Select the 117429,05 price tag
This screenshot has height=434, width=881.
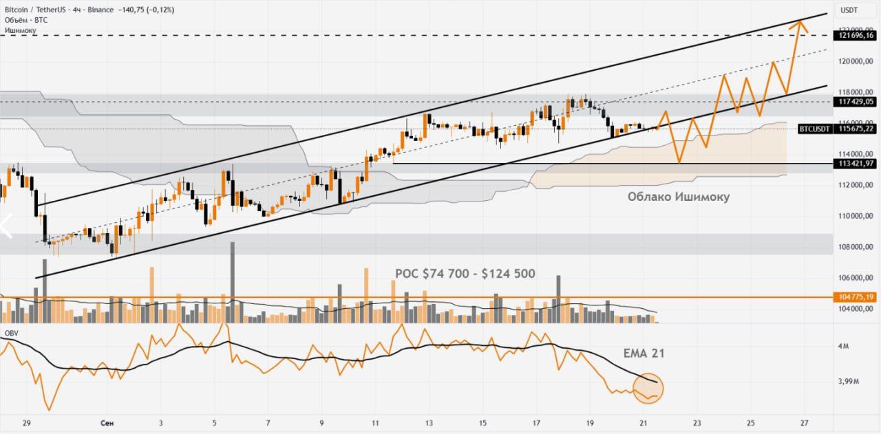[854, 101]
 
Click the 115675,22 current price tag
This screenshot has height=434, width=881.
[856, 129]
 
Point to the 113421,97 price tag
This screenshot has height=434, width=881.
[854, 164]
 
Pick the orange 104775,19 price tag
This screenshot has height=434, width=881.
[854, 297]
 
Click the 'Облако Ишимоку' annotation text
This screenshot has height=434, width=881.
[678, 197]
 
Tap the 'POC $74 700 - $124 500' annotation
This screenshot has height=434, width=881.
[465, 274]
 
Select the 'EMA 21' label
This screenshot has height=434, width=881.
[644, 354]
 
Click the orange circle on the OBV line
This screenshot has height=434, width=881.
[648, 388]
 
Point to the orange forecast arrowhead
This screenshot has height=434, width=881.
[799, 25]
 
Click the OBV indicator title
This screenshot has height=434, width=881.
[11, 333]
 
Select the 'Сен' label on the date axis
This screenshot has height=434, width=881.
[107, 424]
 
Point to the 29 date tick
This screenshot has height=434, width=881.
[27, 424]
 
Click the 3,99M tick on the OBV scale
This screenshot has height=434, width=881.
[847, 382]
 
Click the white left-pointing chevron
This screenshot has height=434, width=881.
[7, 226]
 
